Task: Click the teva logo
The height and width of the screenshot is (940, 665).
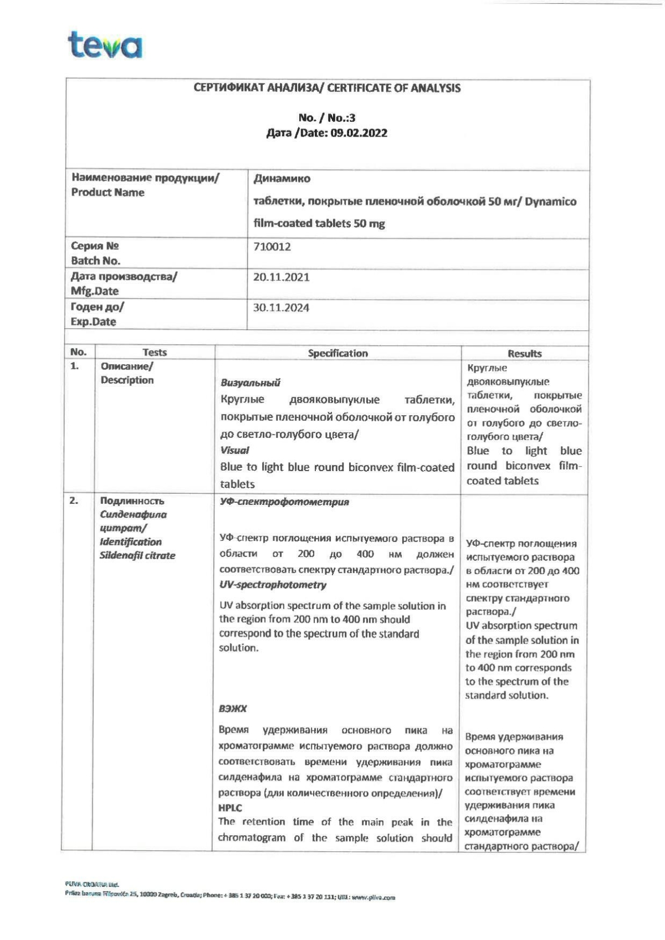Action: (105, 45)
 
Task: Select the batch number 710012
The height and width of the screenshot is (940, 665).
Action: (272, 247)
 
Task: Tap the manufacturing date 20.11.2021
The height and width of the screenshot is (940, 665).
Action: (281, 277)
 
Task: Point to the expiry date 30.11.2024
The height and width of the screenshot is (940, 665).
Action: (281, 308)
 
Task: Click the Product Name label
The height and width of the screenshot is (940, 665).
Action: (108, 192)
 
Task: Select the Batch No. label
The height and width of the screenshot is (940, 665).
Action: (95, 260)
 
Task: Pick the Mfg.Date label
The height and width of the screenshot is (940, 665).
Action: (94, 291)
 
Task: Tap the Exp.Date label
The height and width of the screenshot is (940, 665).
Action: (93, 321)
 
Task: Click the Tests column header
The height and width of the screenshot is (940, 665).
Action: (155, 352)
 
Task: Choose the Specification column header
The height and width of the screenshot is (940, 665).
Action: (337, 353)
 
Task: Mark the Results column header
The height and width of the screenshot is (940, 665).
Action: (524, 354)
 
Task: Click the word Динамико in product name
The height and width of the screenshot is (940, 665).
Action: (282, 178)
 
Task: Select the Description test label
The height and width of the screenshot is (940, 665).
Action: (127, 380)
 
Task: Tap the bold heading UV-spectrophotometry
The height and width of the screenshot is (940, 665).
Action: (273, 585)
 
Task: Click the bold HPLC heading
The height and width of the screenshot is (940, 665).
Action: (230, 808)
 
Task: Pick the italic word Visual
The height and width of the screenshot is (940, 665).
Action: (234, 451)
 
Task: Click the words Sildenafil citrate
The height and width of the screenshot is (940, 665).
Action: (137, 555)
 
